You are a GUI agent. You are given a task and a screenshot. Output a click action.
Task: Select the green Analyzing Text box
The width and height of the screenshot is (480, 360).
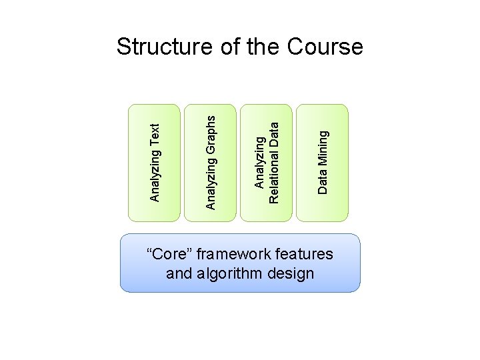click(x=154, y=162)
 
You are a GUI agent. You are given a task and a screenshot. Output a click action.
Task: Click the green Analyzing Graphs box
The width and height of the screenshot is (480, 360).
click(x=210, y=162)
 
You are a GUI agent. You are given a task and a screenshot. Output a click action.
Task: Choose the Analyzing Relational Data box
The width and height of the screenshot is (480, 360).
click(x=266, y=162)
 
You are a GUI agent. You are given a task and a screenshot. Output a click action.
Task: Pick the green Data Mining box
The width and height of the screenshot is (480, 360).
click(x=322, y=162)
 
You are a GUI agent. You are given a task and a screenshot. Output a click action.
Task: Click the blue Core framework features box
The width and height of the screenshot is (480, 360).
click(x=240, y=263)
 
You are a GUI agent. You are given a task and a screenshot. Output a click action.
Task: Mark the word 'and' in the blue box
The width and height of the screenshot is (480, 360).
click(x=178, y=273)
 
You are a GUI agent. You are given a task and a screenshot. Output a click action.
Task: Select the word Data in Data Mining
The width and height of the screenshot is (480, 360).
click(x=323, y=181)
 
